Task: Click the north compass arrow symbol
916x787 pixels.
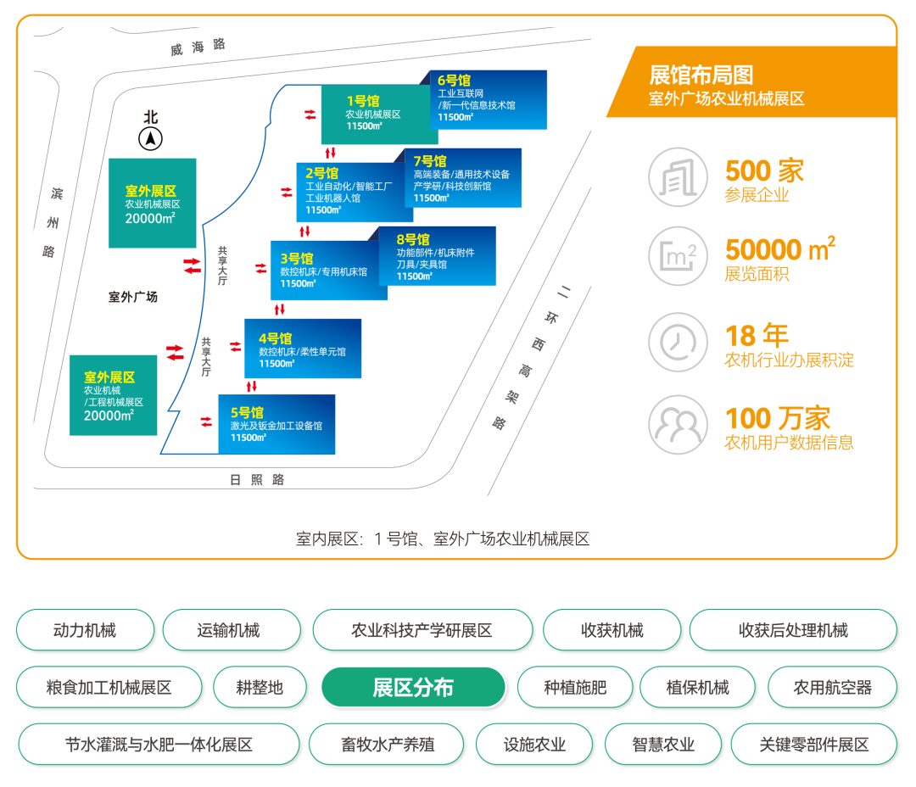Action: pyautogui.click(x=151, y=138)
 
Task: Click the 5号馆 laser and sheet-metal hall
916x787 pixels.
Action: pyautogui.click(x=276, y=424)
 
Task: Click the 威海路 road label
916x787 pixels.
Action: pyautogui.click(x=198, y=47)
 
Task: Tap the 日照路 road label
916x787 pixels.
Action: pyautogui.click(x=257, y=480)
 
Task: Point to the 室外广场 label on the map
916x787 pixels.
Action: pyautogui.click(x=133, y=297)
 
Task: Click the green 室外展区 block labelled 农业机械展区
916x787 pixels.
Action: pyautogui.click(x=152, y=204)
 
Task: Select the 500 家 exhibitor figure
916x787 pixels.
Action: pyautogui.click(x=764, y=171)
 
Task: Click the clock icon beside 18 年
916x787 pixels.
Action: pyautogui.click(x=678, y=342)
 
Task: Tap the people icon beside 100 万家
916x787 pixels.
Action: pyautogui.click(x=678, y=425)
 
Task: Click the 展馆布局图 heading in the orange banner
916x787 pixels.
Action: pyautogui.click(x=701, y=75)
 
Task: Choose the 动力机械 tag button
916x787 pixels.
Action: pyautogui.click(x=85, y=630)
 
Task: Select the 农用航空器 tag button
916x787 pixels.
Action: pyautogui.click(x=832, y=687)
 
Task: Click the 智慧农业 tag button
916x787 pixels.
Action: pyautogui.click(x=663, y=745)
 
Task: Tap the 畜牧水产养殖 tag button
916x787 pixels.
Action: pyautogui.click(x=388, y=745)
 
